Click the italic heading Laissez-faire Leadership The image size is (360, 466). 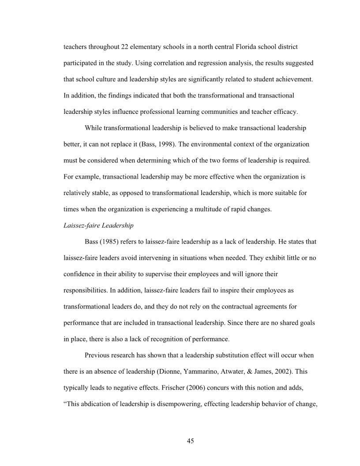[x=98, y=225]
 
